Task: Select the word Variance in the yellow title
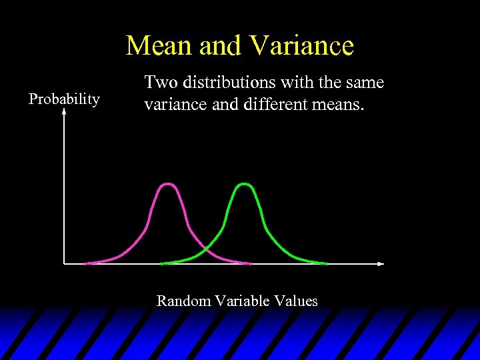(x=301, y=46)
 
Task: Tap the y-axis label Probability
(x=64, y=99)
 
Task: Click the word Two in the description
(x=158, y=83)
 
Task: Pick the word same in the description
(x=365, y=83)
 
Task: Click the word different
(x=271, y=105)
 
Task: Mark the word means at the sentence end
(x=340, y=105)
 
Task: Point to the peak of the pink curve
(x=169, y=184)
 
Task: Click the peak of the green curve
(x=245, y=183)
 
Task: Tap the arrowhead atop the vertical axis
(x=64, y=113)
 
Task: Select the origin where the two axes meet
(x=64, y=263)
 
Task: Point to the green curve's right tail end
(x=327, y=263)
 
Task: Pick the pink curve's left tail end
(x=85, y=263)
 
